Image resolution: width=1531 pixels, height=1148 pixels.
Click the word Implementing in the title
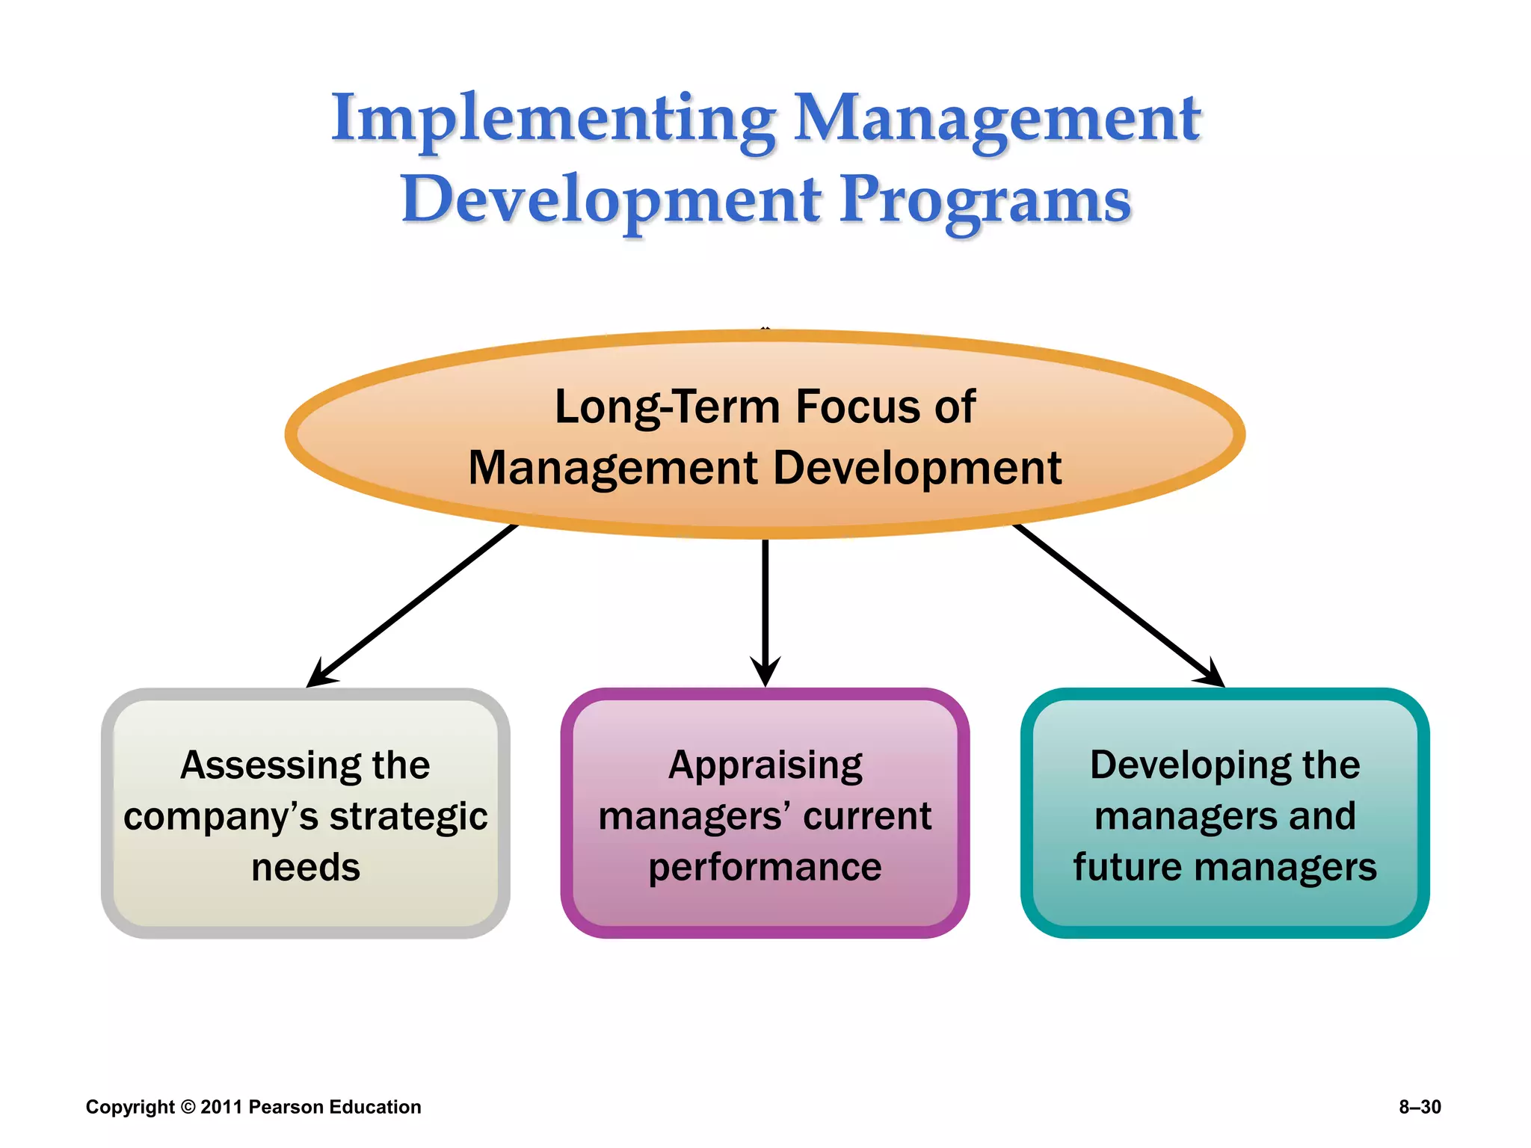pos(553,120)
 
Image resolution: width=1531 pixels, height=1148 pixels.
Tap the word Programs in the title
pos(985,200)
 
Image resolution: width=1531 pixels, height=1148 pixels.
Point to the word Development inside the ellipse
pos(917,468)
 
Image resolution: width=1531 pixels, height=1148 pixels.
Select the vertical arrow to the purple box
pos(765,605)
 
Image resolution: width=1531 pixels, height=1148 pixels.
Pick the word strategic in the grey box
pos(408,817)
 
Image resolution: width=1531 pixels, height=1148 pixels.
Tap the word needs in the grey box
pos(305,868)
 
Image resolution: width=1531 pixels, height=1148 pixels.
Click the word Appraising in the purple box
pos(765,766)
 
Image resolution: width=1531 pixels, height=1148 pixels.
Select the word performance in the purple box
pos(765,868)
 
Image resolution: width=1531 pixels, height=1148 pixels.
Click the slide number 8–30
pos(1420,1107)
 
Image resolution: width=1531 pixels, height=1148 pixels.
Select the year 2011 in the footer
pos(221,1107)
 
